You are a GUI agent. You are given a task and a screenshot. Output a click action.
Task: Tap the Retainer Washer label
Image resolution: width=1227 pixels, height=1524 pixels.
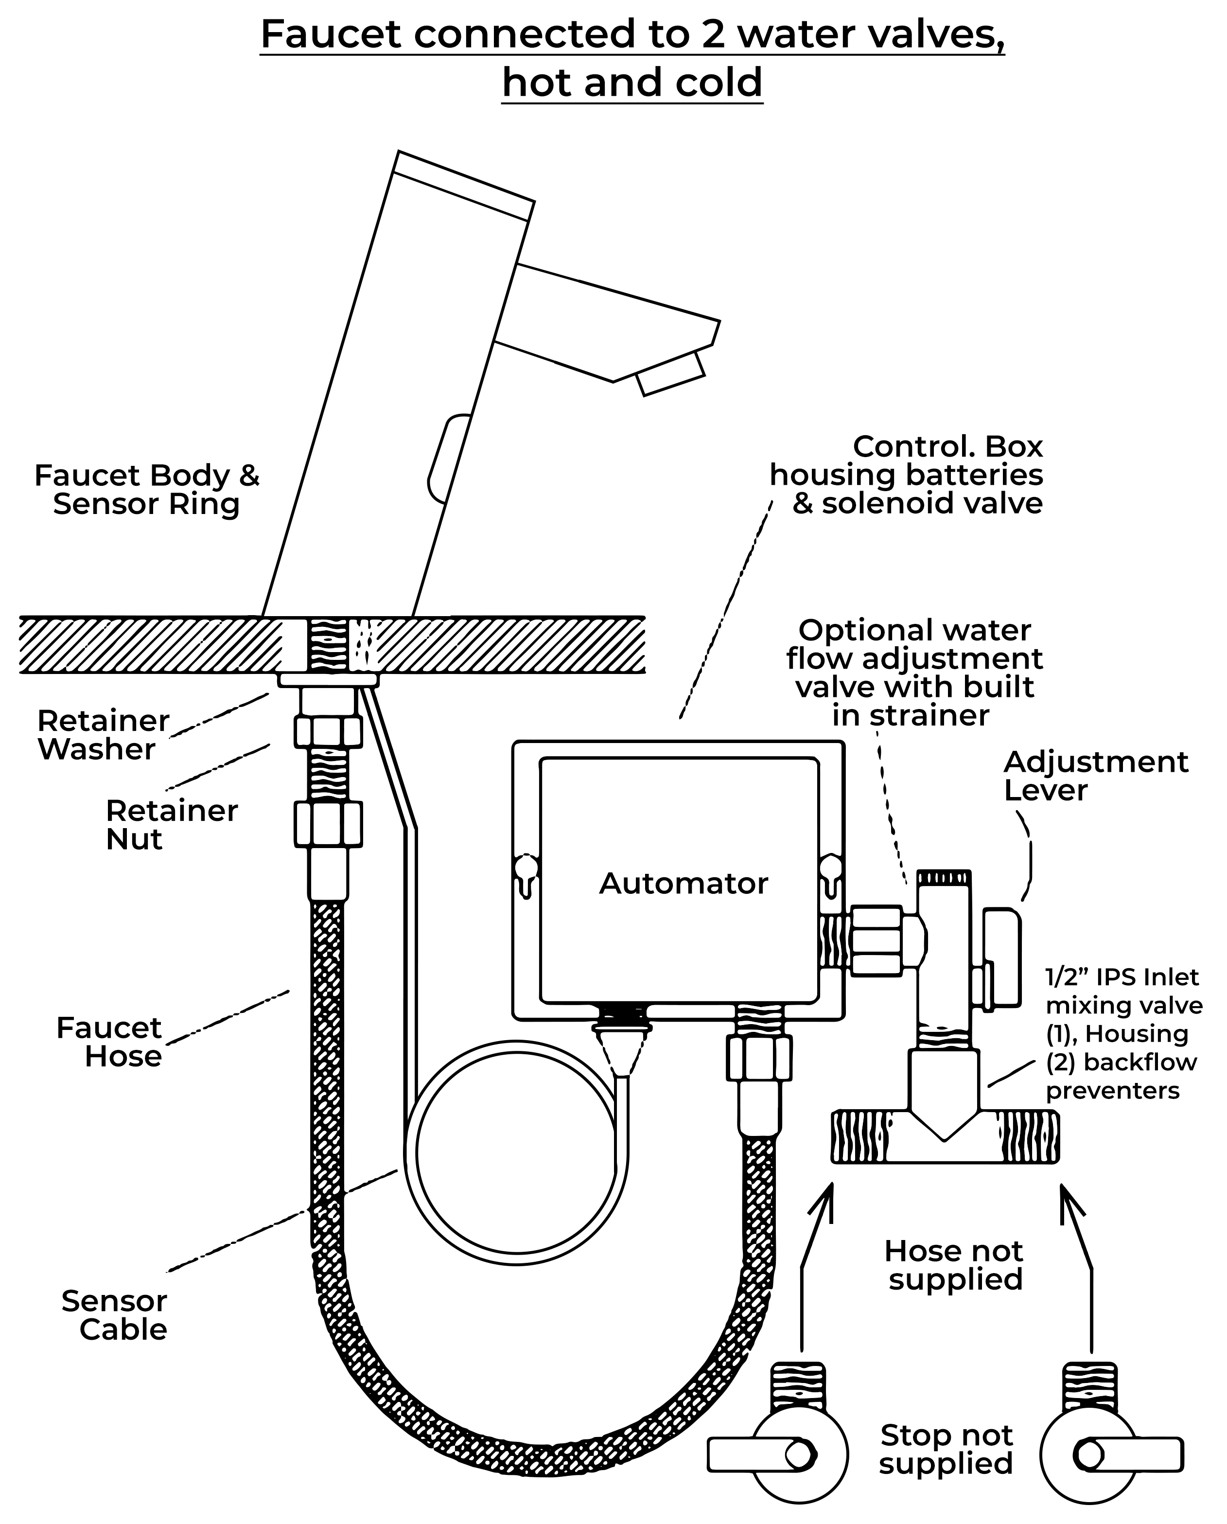(x=103, y=735)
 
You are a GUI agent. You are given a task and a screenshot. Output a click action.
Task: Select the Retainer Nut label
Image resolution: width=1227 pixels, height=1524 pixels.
(x=171, y=825)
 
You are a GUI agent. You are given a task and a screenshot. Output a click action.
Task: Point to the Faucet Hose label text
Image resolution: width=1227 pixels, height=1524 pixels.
(x=109, y=1042)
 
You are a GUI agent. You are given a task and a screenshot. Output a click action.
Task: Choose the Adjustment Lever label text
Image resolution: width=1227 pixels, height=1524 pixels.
(x=1096, y=776)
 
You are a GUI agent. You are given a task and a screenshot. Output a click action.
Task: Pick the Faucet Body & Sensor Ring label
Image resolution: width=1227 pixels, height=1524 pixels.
(x=147, y=490)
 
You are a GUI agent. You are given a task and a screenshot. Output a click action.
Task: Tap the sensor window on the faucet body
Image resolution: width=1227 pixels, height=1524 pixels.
(x=449, y=460)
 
